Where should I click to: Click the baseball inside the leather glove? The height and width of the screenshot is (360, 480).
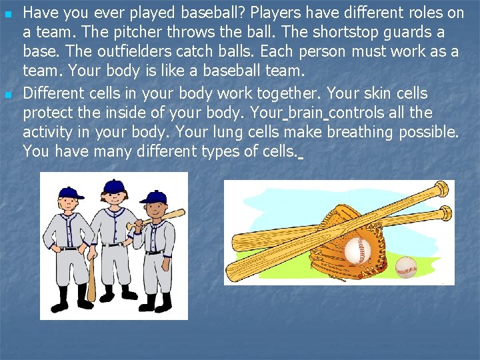(357, 251)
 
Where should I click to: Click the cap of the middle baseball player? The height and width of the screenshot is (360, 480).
(115, 185)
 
